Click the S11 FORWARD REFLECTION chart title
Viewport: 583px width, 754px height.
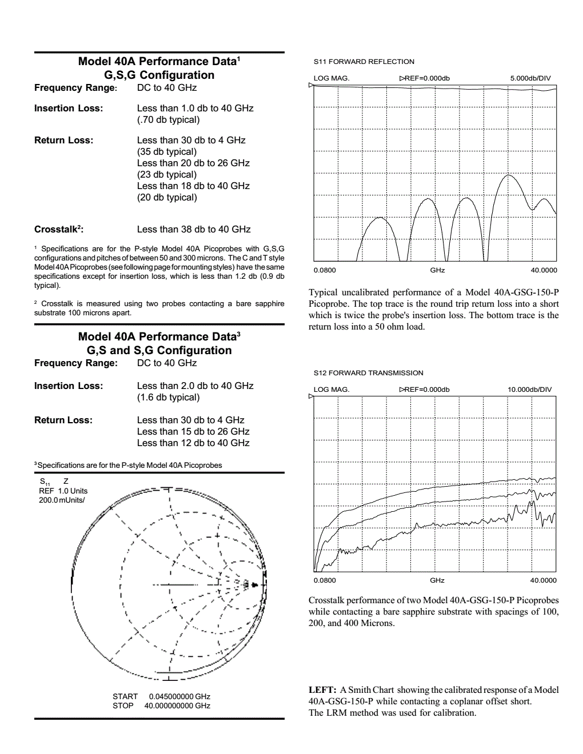pyautogui.click(x=364, y=62)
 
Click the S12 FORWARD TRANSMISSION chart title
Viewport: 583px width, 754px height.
pyautogui.click(x=368, y=373)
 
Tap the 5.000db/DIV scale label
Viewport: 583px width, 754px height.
pyautogui.click(x=530, y=78)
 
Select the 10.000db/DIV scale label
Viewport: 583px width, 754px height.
pyautogui.click(x=529, y=390)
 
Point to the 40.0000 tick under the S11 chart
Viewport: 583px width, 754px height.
pyautogui.click(x=544, y=270)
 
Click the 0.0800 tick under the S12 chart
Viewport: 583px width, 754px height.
pyautogui.click(x=325, y=580)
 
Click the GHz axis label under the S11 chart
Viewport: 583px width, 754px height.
pyautogui.click(x=437, y=270)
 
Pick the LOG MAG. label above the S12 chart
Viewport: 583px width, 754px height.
pyautogui.click(x=331, y=390)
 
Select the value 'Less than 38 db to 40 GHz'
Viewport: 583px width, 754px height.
pyautogui.click(x=194, y=230)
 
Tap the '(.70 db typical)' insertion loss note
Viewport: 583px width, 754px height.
pyautogui.click(x=168, y=120)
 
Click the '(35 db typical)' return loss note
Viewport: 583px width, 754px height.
pyautogui.click(x=166, y=152)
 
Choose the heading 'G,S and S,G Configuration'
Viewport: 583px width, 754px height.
pyautogui.click(x=159, y=351)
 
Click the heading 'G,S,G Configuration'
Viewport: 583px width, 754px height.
pyautogui.click(x=159, y=75)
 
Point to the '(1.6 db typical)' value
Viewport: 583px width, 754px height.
pyautogui.click(x=168, y=398)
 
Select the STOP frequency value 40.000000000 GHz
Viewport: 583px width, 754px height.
pyautogui.click(x=177, y=706)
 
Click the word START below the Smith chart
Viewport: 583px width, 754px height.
pyautogui.click(x=125, y=697)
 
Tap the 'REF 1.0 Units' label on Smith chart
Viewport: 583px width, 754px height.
pyautogui.click(x=63, y=491)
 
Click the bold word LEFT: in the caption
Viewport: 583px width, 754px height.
pyautogui.click(x=322, y=690)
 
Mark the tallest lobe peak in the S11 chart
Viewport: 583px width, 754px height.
pyautogui.click(x=508, y=175)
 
